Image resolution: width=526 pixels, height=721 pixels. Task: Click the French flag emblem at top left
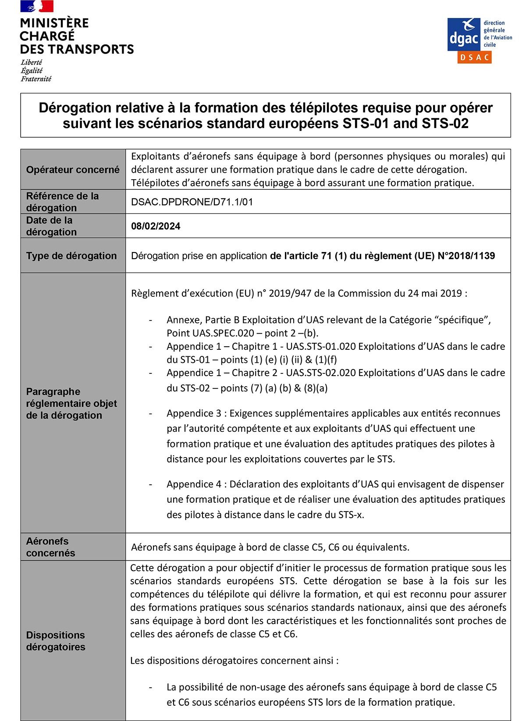point(37,6)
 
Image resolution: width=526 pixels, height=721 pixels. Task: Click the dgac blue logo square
point(464,35)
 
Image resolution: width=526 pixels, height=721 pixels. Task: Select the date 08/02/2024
point(156,226)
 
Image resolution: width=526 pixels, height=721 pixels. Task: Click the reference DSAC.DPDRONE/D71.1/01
point(192,202)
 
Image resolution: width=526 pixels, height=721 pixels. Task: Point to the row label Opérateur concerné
point(73,170)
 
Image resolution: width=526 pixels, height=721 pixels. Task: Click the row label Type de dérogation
point(71,256)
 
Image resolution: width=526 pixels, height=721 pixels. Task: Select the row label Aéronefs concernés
point(50,547)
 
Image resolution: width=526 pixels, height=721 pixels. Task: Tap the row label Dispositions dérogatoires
point(56,641)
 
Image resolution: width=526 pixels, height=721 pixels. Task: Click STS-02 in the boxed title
point(445,124)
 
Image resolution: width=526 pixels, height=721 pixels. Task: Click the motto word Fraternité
point(36,79)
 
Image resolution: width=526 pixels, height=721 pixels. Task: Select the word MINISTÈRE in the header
point(54,23)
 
